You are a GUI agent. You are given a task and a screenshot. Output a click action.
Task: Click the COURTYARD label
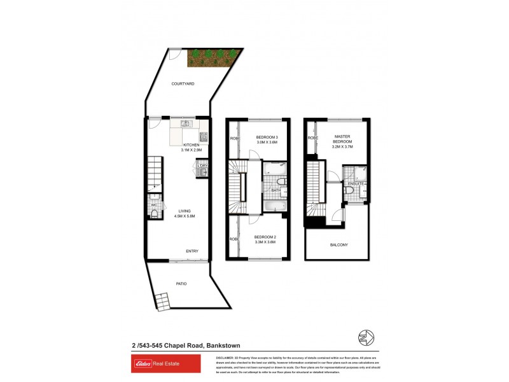(x=183, y=84)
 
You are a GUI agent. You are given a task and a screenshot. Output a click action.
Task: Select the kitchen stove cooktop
(x=204, y=136)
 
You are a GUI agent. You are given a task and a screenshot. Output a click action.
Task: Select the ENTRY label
(x=192, y=251)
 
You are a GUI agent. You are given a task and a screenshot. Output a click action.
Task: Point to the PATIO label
(x=181, y=283)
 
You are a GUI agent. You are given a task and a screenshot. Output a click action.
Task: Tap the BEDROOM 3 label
(x=267, y=138)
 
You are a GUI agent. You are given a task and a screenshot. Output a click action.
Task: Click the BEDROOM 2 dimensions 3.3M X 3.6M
(x=265, y=242)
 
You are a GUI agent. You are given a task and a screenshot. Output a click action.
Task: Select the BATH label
(x=276, y=190)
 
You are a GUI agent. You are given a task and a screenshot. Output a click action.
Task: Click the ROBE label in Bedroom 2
(x=234, y=239)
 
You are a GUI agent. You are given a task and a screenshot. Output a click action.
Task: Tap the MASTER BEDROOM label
(x=344, y=139)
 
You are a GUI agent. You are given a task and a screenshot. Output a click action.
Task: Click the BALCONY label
(x=338, y=244)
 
